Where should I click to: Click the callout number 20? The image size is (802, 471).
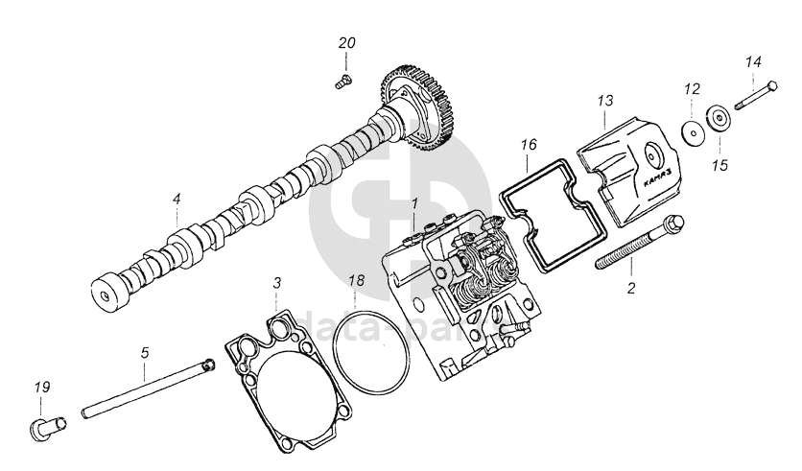346,44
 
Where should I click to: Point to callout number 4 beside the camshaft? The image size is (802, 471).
177,199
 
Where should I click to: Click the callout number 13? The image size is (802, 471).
603,100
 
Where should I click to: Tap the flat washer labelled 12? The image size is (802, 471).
690,131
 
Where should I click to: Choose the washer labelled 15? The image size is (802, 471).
718,120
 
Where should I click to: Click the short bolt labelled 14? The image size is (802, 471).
758,95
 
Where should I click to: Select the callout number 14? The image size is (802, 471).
753,61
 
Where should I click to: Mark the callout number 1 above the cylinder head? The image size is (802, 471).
414,203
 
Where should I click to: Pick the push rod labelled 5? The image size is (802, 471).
144,389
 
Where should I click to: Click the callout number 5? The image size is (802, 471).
145,352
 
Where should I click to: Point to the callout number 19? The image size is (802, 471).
41,387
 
